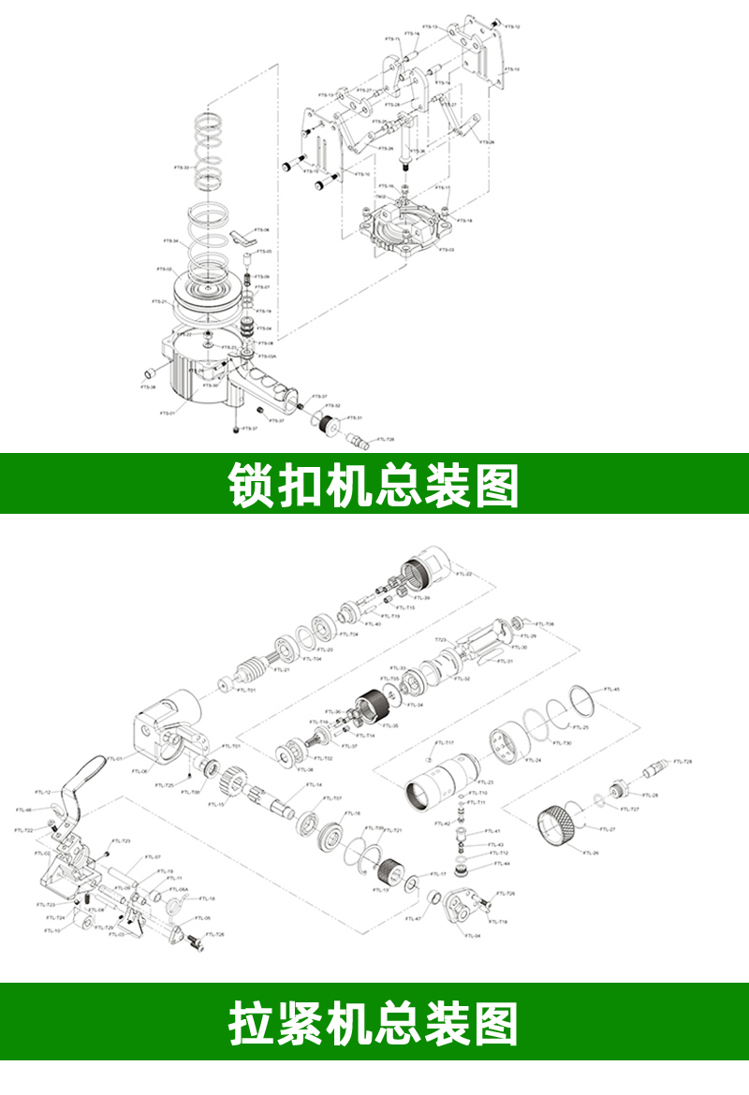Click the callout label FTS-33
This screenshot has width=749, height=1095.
[x=181, y=168]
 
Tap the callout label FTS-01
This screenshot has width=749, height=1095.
[x=167, y=413]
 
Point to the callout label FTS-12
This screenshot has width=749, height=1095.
[x=512, y=27]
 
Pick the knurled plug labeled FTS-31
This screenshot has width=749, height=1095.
[x=329, y=426]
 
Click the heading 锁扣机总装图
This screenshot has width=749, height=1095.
[x=374, y=483]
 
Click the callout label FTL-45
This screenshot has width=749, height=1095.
[x=611, y=689]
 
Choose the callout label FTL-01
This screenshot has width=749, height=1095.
[x=114, y=759]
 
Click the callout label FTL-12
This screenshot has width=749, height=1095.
[x=43, y=793]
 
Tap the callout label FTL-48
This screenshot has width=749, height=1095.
[x=23, y=810]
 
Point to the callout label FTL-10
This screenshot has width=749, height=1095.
[x=52, y=930]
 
